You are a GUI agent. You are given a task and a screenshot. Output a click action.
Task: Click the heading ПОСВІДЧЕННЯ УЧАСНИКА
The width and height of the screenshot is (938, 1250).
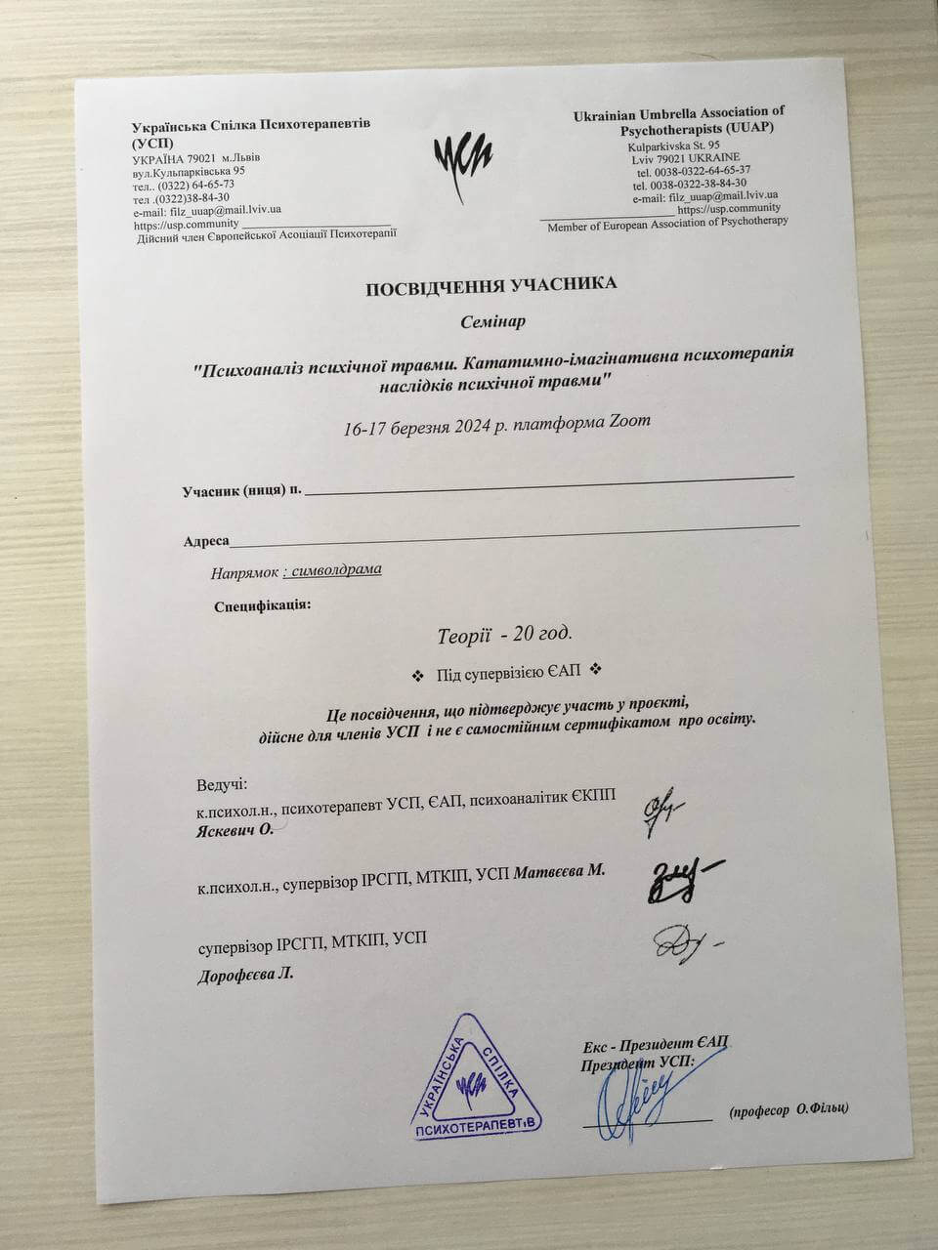(491, 284)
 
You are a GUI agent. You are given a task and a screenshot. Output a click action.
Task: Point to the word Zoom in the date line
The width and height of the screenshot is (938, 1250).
(628, 422)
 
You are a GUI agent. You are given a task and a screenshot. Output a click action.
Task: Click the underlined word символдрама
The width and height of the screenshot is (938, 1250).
(336, 569)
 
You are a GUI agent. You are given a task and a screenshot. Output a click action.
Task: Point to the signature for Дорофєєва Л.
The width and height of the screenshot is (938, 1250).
(684, 942)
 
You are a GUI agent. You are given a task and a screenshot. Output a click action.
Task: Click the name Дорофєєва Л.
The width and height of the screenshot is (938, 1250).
(245, 975)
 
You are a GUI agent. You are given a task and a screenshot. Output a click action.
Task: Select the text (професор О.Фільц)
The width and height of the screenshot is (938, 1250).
(789, 1108)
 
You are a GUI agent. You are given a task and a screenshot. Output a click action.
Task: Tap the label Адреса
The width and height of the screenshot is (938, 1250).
(206, 540)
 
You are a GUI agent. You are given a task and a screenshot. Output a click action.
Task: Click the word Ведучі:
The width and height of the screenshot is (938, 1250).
(222, 785)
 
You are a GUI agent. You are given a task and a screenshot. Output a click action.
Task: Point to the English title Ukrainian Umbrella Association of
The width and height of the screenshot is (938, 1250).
(679, 114)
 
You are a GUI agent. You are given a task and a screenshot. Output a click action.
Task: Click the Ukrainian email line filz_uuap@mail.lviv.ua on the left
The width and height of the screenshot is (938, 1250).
(208, 210)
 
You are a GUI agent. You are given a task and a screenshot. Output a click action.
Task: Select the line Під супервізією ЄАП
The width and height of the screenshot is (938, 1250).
(508, 672)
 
